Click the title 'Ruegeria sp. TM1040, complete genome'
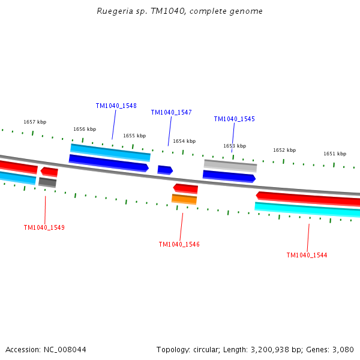pos(180,11)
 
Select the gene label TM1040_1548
pos(116,106)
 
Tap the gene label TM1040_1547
pos(171,112)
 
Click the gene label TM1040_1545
pos(234,119)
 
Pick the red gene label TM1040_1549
pos(44,227)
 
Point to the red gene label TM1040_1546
pos(179,244)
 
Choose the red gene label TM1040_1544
pos(307,255)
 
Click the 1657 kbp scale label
pos(35,122)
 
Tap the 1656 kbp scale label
pos(85,129)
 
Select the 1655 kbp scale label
pos(134,136)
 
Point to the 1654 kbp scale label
pos(184,141)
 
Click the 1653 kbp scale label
pos(235,146)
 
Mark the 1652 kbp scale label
pos(284,150)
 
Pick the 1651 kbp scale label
pos(335,154)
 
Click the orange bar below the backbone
pos(184,199)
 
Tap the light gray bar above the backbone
pos(230,165)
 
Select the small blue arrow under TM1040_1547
pos(165,170)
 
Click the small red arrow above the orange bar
pos(185,188)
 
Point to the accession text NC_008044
pos(46,349)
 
